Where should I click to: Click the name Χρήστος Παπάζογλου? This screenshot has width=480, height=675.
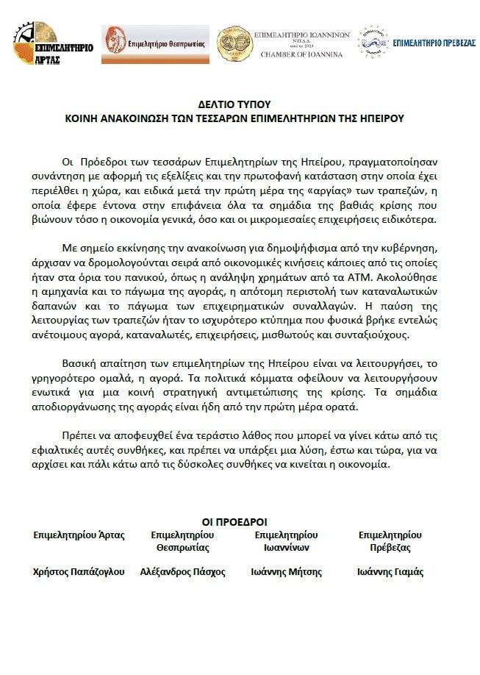tap(79, 572)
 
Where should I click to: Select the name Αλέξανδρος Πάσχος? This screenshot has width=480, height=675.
tap(182, 572)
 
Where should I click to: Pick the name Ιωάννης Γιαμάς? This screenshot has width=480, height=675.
tap(390, 572)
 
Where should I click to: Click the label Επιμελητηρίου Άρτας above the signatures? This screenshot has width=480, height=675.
tap(79, 535)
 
